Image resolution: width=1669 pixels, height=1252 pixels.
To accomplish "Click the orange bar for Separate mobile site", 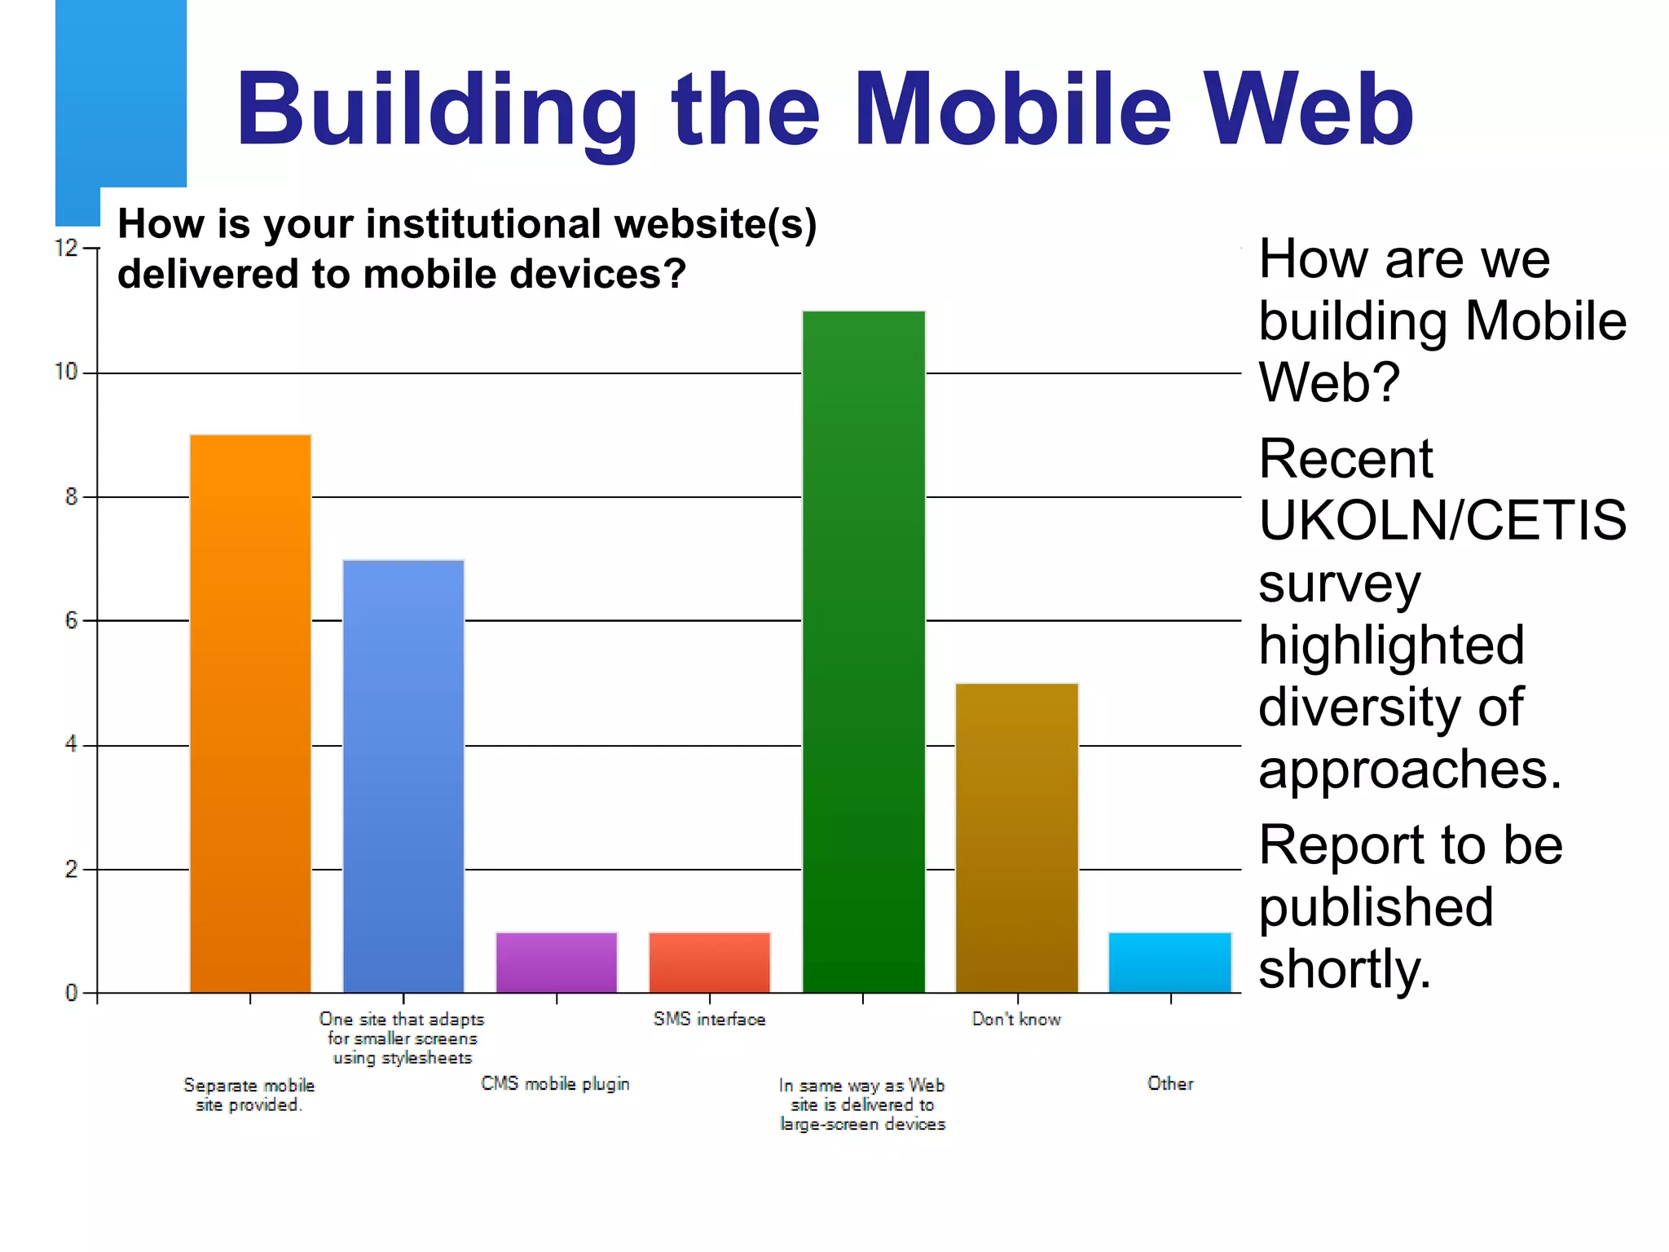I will [250, 713].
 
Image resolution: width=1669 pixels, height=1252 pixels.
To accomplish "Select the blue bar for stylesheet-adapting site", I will [403, 776].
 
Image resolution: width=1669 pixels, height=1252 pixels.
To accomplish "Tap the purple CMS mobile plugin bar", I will [557, 962].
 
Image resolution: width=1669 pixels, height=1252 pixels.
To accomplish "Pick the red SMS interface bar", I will [710, 962].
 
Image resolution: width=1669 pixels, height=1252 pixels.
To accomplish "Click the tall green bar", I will [864, 651].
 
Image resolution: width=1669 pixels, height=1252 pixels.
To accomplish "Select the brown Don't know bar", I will [1017, 838].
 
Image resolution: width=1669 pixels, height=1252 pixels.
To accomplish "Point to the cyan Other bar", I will [1170, 962].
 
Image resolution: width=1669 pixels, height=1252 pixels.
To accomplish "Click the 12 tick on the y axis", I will [66, 248].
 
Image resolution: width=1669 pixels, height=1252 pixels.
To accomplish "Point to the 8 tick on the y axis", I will [72, 496].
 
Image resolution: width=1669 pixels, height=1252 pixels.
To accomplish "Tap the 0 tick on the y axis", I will [72, 993].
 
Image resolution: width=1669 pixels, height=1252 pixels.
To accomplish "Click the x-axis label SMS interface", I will [709, 1020].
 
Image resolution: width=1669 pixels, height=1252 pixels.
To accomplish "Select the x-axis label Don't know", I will [1016, 1020].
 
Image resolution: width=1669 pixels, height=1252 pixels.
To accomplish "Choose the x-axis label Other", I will [1170, 1084].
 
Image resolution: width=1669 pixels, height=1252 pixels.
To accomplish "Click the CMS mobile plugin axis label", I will [555, 1084].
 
